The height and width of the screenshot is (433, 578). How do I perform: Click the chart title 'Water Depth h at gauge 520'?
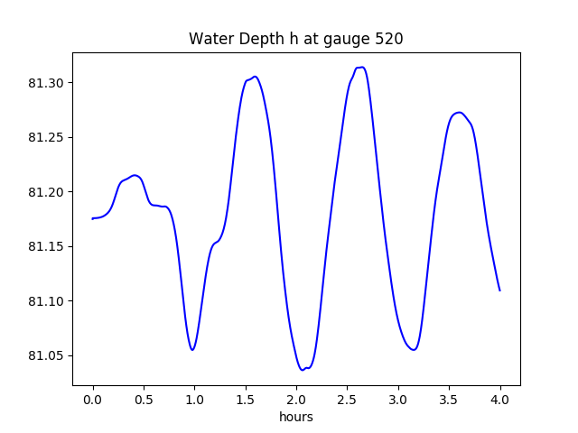click(x=295, y=40)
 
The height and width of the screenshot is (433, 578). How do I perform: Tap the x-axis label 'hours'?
click(x=295, y=418)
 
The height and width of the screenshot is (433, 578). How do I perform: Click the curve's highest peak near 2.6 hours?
click(x=360, y=68)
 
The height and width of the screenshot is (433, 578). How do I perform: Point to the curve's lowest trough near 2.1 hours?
click(x=303, y=370)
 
